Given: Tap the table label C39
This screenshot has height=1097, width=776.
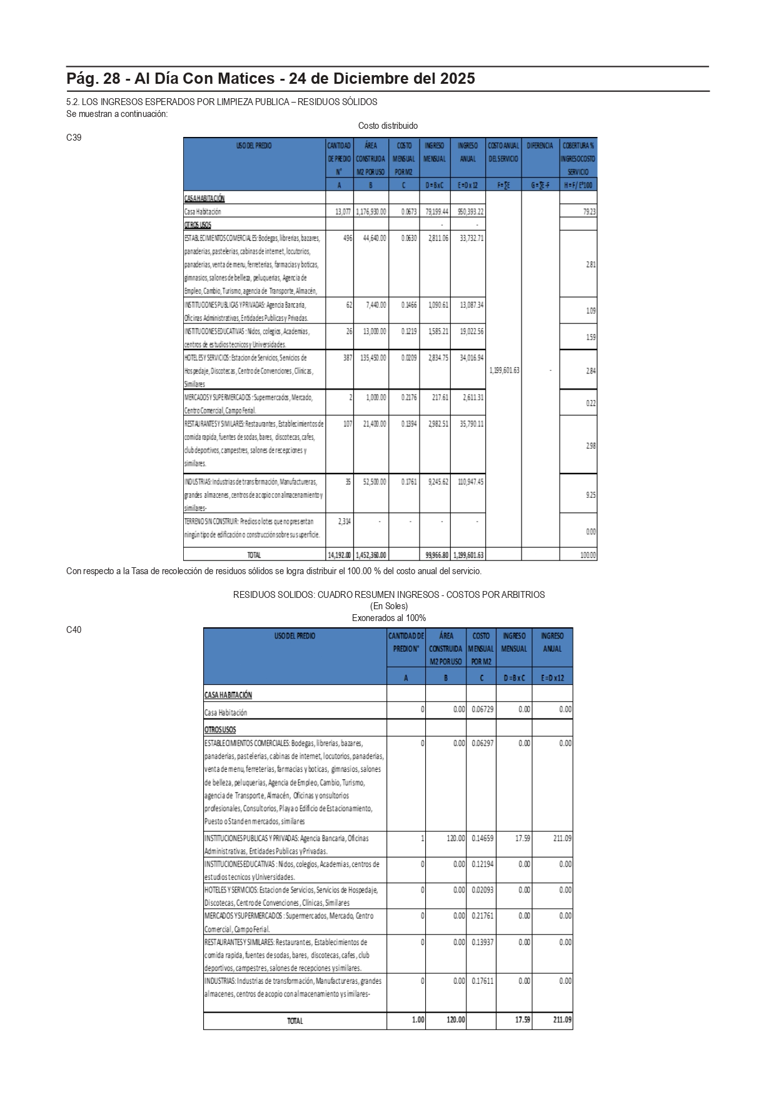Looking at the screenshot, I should (x=74, y=138).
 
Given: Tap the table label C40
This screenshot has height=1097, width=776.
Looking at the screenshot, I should (x=74, y=630).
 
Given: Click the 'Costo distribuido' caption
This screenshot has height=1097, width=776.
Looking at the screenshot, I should (x=388, y=126).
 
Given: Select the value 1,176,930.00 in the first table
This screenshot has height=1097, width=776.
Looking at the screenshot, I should (x=371, y=212).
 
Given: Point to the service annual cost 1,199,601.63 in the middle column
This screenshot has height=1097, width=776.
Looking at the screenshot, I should (x=503, y=370).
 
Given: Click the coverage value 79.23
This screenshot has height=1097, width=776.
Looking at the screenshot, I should (x=589, y=212).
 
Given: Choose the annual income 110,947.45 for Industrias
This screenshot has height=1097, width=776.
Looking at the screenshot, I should (x=467, y=482).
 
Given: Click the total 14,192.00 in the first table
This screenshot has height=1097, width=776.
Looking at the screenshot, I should (x=340, y=555).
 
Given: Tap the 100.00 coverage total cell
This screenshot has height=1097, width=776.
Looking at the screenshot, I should (x=588, y=555).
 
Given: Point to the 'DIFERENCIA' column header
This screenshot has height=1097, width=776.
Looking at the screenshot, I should (x=540, y=146).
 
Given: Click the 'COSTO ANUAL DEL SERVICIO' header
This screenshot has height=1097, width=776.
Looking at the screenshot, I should (x=503, y=152).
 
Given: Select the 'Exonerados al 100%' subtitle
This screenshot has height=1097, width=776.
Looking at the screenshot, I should (x=388, y=618).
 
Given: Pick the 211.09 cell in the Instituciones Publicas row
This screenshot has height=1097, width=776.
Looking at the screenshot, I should (x=562, y=838).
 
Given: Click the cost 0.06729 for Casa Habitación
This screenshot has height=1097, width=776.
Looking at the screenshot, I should (x=482, y=709).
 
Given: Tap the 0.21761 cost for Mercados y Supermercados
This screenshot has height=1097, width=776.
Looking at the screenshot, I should (x=482, y=916).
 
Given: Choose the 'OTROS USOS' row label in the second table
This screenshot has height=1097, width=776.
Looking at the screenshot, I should (x=220, y=730).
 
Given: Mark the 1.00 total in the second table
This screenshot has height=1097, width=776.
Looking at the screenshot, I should (x=418, y=1020).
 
